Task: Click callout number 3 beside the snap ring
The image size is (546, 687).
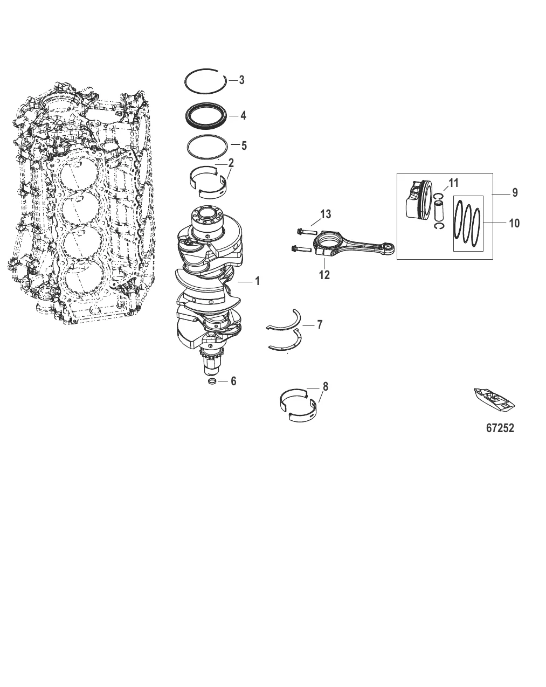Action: click(241, 80)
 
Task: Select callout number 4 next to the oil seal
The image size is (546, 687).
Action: click(243, 116)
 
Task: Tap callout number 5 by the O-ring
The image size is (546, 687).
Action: click(243, 145)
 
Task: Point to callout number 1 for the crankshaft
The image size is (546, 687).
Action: click(257, 281)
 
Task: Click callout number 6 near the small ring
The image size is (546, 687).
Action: click(233, 381)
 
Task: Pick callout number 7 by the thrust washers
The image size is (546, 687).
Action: click(320, 325)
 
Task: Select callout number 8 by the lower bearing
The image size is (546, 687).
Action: click(325, 387)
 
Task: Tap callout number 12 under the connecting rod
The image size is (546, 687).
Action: click(324, 275)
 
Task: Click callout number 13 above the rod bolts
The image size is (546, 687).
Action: click(325, 215)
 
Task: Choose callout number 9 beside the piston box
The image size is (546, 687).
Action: click(515, 192)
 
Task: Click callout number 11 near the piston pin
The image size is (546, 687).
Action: click(453, 183)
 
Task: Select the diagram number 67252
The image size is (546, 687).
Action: click(500, 428)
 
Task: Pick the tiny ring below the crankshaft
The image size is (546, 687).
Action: click(213, 382)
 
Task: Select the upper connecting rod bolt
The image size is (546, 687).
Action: click(305, 232)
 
